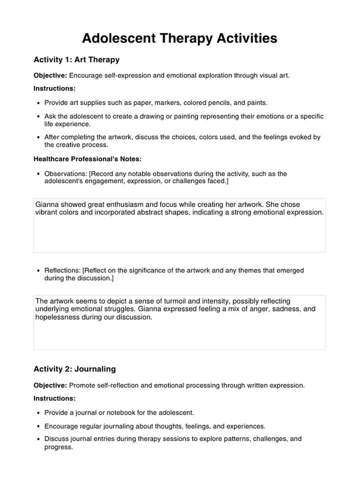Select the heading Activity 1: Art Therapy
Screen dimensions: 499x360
click(x=77, y=60)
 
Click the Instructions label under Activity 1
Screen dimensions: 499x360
click(x=54, y=88)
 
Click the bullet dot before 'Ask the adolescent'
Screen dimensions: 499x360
click(x=38, y=117)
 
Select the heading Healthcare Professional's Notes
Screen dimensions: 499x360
click(x=88, y=159)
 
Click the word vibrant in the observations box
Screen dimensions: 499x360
click(x=46, y=212)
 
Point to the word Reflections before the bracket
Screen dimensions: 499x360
click(x=62, y=271)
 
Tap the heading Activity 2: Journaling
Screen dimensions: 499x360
click(x=75, y=369)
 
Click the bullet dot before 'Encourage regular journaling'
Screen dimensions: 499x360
click(x=38, y=426)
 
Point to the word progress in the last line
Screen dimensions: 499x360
click(x=58, y=447)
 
